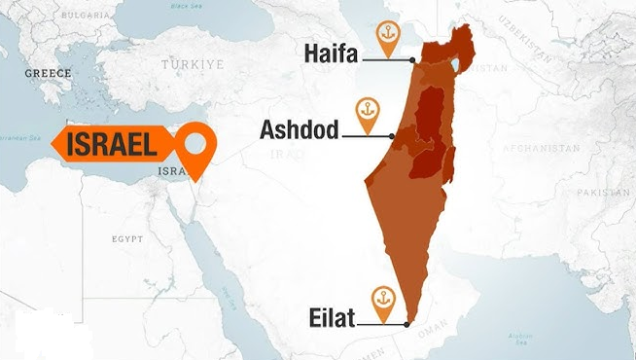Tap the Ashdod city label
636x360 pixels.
click(x=299, y=129)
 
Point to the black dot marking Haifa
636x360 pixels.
click(x=413, y=60)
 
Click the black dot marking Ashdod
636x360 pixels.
click(x=392, y=135)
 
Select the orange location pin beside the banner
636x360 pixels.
click(x=197, y=148)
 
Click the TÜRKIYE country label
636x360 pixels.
click(x=193, y=63)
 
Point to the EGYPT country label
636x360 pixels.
click(x=126, y=238)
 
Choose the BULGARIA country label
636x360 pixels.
click(x=84, y=17)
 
